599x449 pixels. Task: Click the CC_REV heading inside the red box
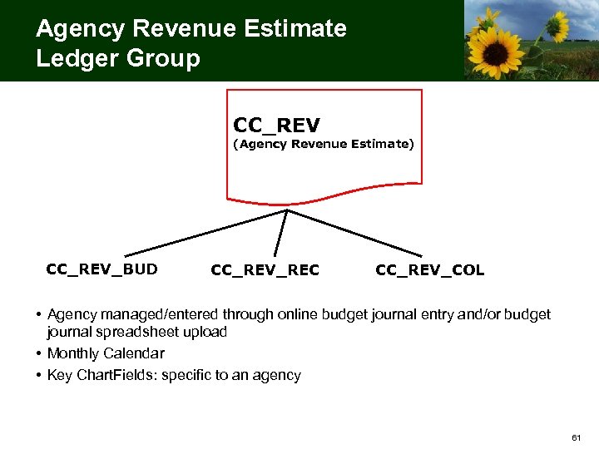pos(276,125)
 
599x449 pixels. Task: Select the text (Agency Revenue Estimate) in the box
pos(323,144)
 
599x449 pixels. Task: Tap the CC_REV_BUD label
pos(101,269)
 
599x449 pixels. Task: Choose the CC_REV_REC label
pos(265,269)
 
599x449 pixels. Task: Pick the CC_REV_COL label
pos(429,269)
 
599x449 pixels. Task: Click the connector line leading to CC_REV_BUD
pos(204,232)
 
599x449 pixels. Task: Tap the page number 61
pos(577,437)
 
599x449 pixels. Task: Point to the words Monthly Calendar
pos(106,353)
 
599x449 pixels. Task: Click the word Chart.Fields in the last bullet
pos(116,375)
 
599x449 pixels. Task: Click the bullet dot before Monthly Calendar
pos(39,353)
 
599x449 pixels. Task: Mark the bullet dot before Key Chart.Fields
pos(39,375)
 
